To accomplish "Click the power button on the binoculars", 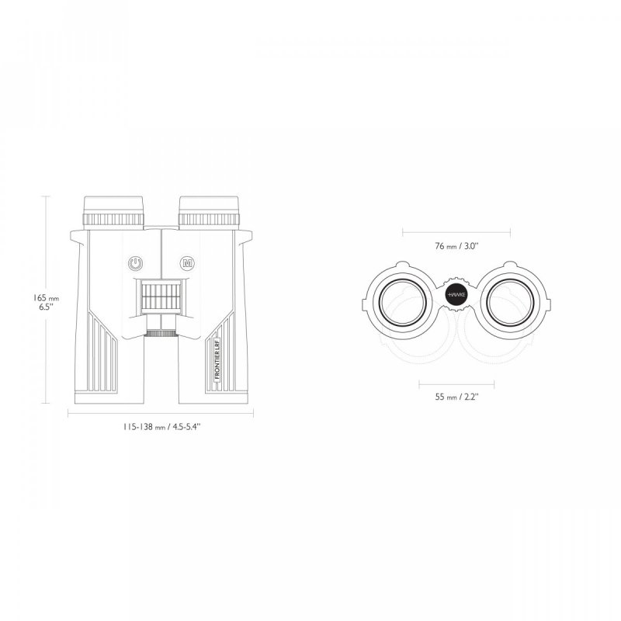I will point(135,263).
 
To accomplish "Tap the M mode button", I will point(187,263).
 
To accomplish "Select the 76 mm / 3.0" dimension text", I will point(457,246).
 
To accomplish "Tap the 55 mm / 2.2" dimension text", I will point(456,397).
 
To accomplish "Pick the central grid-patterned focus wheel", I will point(160,297).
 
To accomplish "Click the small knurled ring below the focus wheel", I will point(161,333).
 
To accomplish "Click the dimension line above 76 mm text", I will point(456,231).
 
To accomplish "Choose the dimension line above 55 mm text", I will point(456,382).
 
